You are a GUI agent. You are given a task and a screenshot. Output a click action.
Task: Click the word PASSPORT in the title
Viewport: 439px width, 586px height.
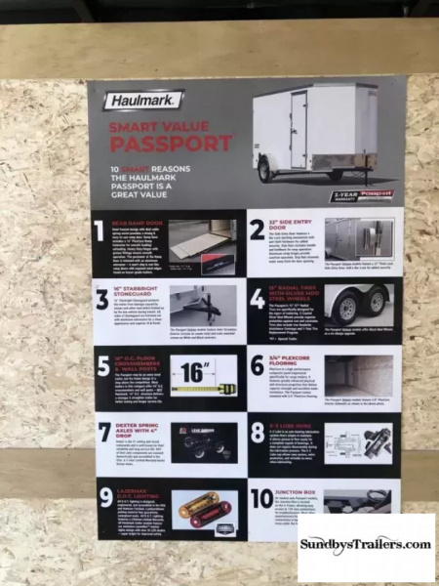click(171, 145)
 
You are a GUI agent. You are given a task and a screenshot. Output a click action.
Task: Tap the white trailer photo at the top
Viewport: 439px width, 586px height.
click(317, 132)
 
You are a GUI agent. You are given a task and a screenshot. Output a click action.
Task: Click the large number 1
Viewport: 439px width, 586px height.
click(99, 231)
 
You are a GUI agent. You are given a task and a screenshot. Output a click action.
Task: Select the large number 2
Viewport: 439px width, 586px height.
click(258, 230)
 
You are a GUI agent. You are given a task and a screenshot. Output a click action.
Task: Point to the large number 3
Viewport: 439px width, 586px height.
click(101, 299)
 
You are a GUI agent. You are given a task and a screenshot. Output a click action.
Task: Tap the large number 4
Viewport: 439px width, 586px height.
click(258, 299)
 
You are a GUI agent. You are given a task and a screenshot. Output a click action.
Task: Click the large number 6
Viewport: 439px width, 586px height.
click(258, 367)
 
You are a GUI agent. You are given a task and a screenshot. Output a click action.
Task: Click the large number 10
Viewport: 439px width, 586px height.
click(261, 499)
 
